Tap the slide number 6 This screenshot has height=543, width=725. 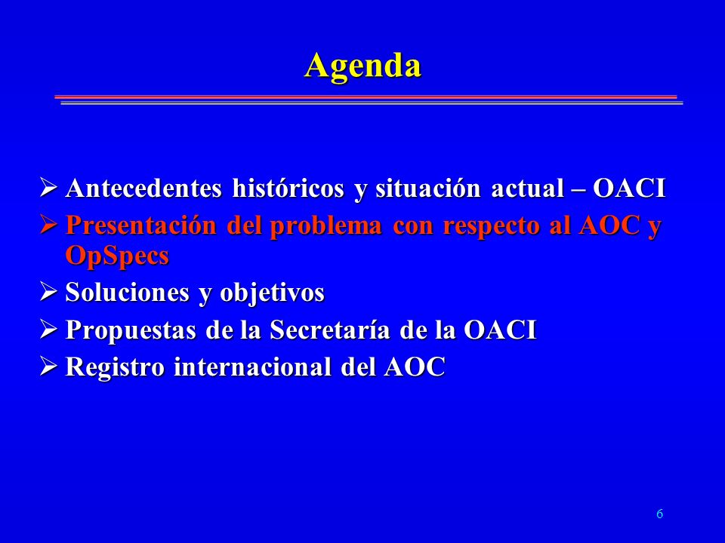pos(660,514)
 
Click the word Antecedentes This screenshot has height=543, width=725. pos(143,189)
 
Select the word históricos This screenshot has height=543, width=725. pos(288,189)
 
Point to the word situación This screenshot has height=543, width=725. pos(427,189)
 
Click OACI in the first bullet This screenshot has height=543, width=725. pos(629,189)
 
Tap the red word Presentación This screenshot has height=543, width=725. pos(141,226)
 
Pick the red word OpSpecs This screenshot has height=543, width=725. pos(118,256)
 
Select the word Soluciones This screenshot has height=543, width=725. pos(128,293)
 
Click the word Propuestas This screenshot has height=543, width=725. pos(131,330)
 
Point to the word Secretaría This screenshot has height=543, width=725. pos(330,330)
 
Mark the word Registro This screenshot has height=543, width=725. pos(115,368)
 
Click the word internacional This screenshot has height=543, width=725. pos(252,367)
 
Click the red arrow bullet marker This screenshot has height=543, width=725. pos(48,225)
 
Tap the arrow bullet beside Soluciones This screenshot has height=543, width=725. pos(48,291)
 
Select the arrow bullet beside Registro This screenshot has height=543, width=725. pos(48,367)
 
